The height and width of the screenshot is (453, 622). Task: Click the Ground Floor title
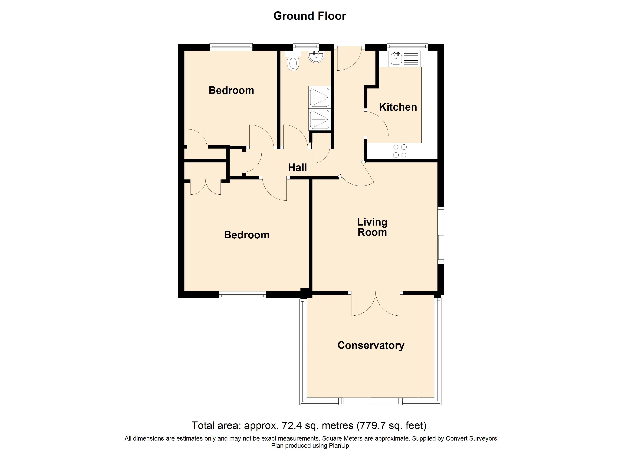point(310,16)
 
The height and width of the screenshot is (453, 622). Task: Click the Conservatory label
point(371,345)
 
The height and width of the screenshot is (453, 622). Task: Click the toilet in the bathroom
point(293,61)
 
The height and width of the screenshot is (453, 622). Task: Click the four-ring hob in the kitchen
point(400,151)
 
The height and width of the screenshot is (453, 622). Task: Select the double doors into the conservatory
point(375,304)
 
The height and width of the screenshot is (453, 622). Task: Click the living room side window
point(440,235)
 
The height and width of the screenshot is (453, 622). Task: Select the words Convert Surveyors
point(471,438)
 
